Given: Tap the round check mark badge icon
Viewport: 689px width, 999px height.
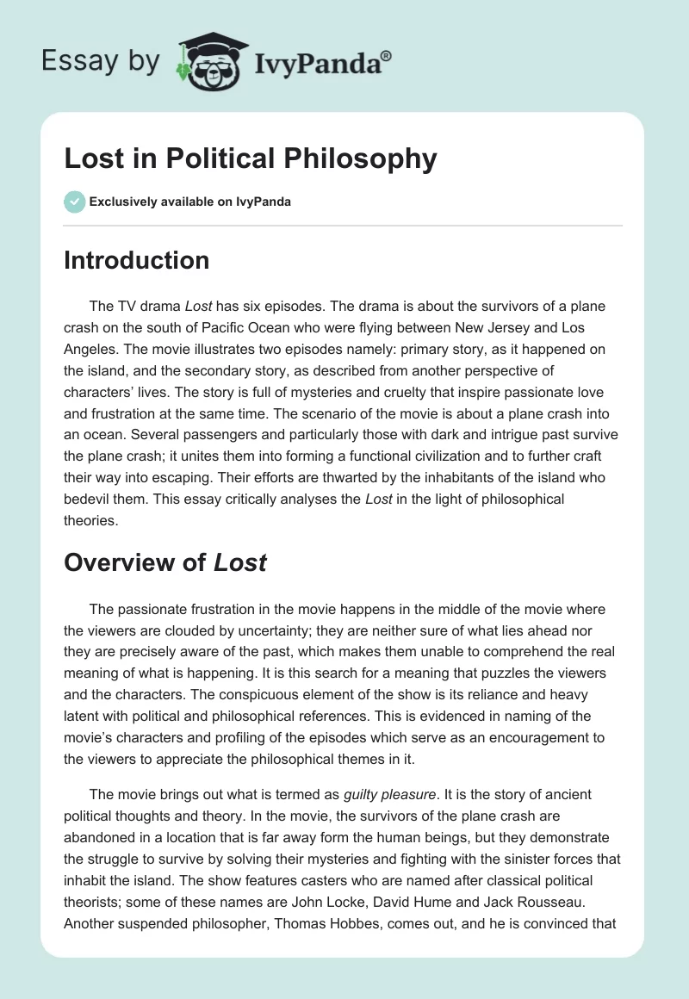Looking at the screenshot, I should (x=74, y=202).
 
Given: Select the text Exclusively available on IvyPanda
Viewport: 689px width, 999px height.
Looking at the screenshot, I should (x=190, y=202).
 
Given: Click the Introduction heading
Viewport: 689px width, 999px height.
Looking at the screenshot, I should (x=136, y=260).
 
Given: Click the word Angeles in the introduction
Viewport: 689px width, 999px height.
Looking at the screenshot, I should (x=90, y=349).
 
